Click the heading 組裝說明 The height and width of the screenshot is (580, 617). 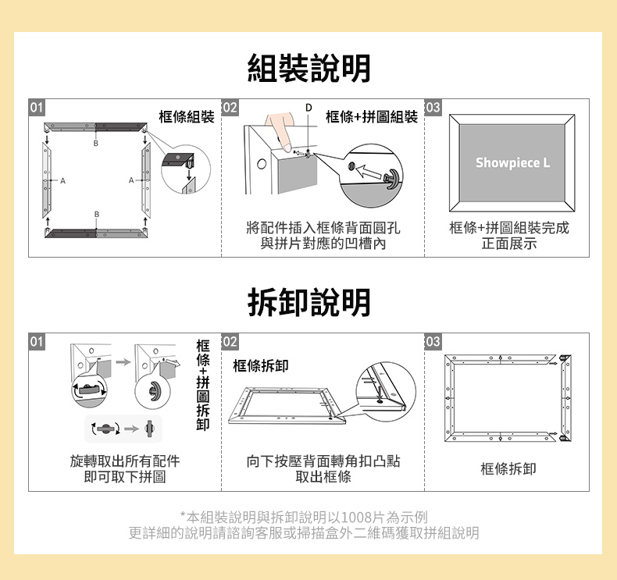pos(309,68)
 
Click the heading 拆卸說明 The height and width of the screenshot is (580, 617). pos(309,302)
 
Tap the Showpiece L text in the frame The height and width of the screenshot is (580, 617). pos(512,162)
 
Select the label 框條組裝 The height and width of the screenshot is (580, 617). pos(187,116)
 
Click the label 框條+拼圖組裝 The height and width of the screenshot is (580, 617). pos(372,116)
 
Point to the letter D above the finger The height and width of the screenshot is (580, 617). pos(309,108)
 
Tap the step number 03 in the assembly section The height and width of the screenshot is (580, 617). pos(433,108)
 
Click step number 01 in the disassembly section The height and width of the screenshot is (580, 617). pos(37,341)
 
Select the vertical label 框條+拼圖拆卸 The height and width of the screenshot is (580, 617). pos(203,385)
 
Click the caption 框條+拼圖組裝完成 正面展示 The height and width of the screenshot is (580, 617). pos(509,235)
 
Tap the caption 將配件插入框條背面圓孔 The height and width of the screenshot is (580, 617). pos(323,227)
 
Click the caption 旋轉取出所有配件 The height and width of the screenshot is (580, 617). pos(125,461)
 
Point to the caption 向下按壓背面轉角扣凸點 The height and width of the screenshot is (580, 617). pos(323,461)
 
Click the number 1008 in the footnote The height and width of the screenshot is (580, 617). pos(357,517)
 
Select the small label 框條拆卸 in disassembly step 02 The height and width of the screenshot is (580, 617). pos(261,365)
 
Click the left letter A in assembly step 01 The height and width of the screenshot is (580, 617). pos(62,181)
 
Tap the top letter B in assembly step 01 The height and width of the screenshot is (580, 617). pos(95,144)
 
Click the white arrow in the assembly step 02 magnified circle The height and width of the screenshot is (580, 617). pos(369,172)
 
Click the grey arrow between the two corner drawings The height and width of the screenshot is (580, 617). pos(123,361)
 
